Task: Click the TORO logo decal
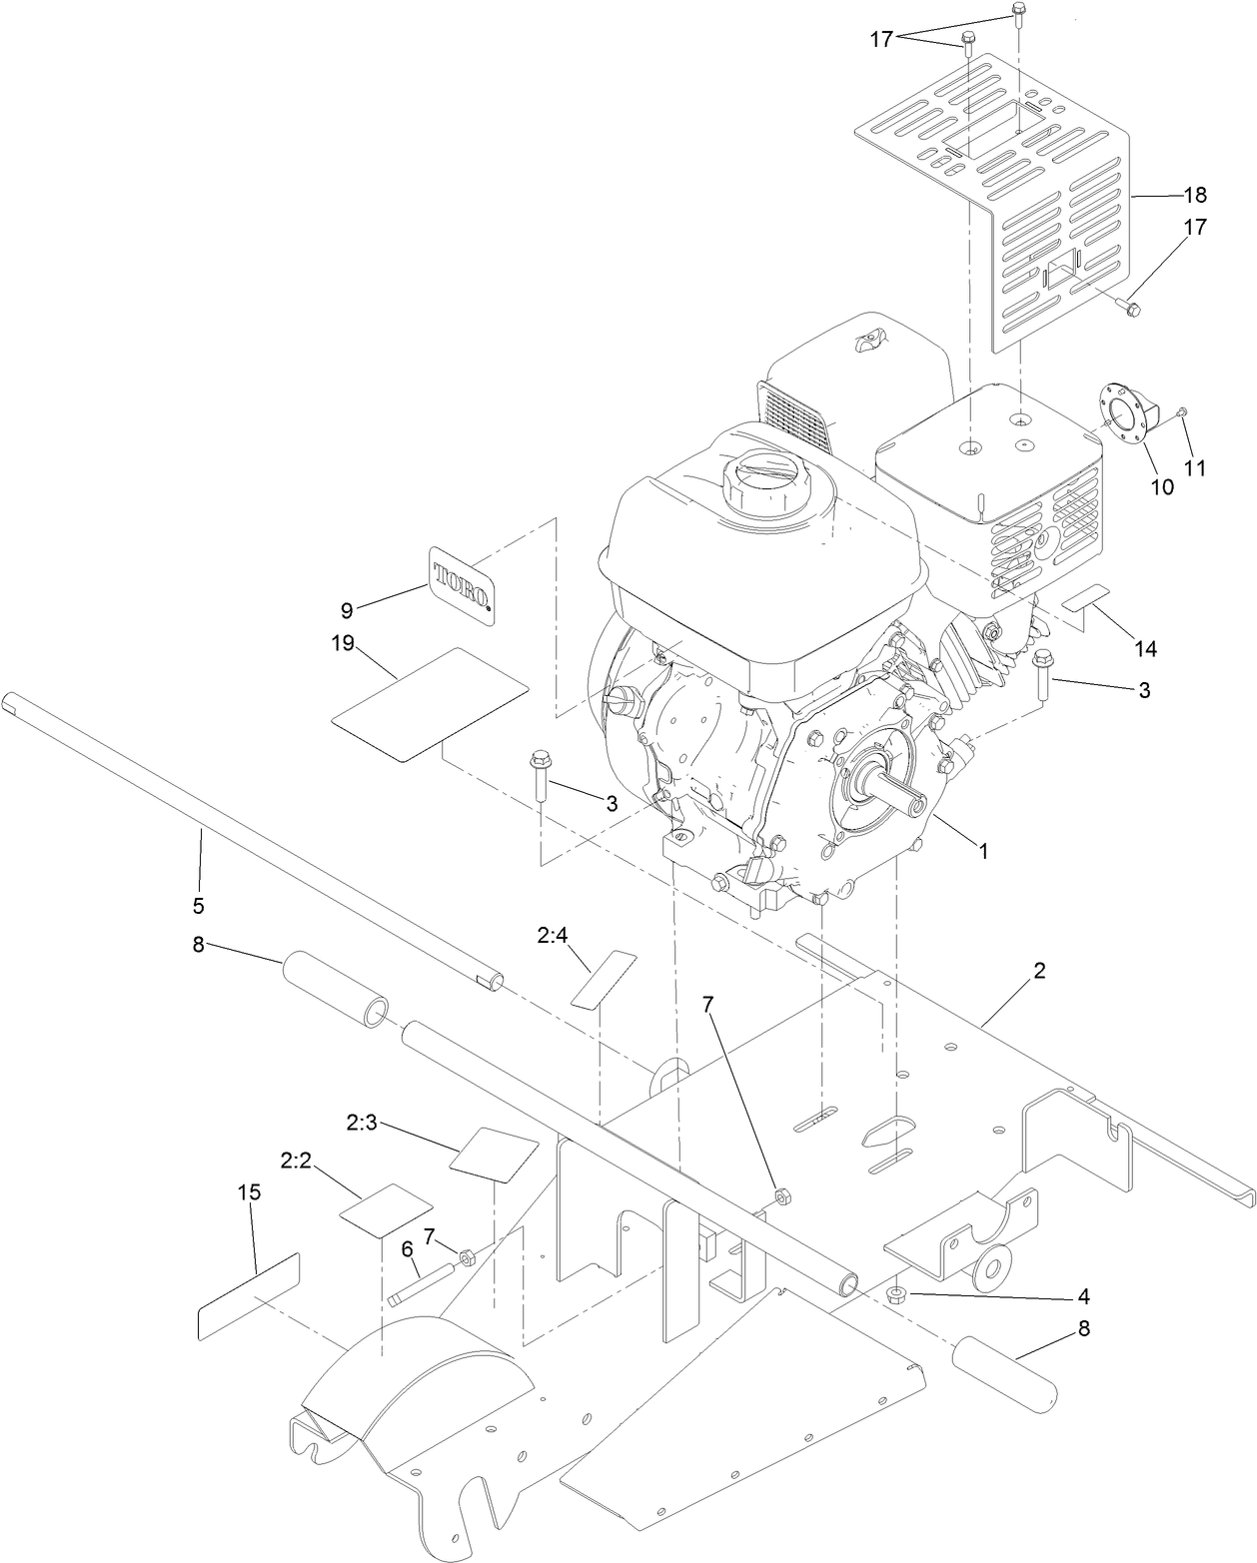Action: [463, 585]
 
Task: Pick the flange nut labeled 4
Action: [896, 1294]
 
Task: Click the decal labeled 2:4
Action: [604, 979]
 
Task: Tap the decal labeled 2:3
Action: [495, 1154]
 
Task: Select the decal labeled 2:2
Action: [386, 1209]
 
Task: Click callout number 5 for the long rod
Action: [198, 906]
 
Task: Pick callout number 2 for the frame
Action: [1039, 970]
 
